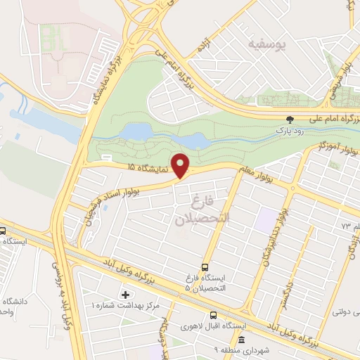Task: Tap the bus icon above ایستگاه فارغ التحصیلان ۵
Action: point(205,267)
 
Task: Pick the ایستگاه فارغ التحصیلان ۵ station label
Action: point(196,283)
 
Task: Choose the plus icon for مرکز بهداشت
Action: point(126,293)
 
